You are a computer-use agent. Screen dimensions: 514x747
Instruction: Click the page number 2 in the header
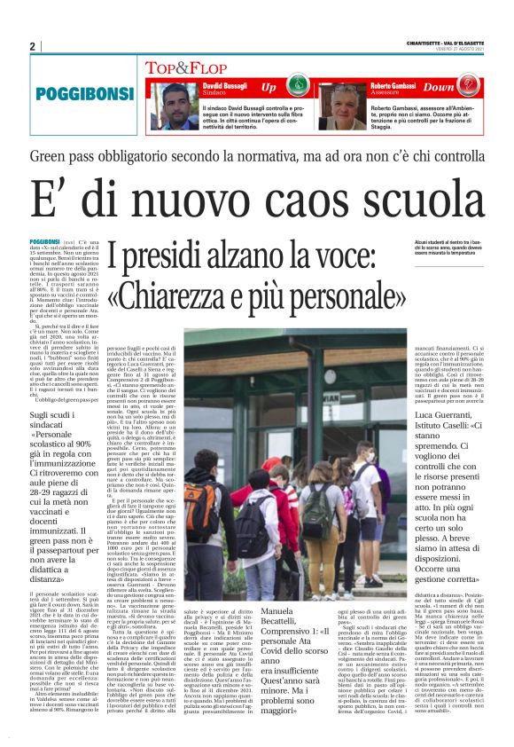32,46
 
